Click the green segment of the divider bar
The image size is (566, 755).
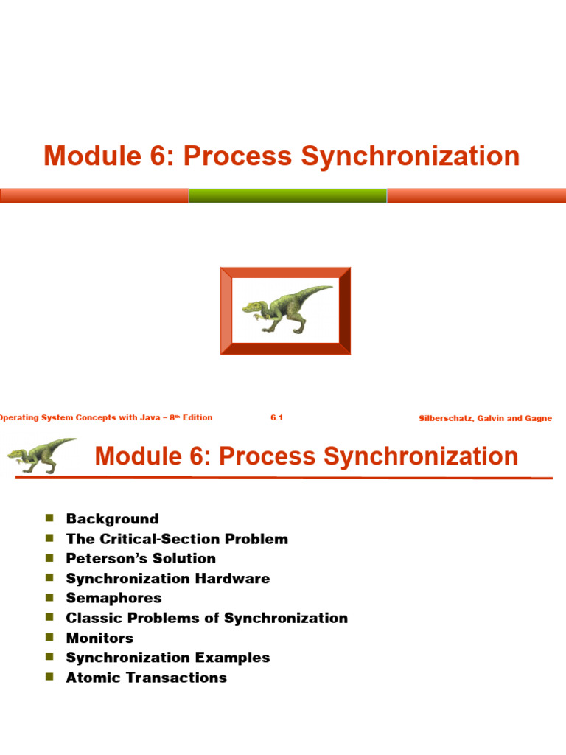coord(287,195)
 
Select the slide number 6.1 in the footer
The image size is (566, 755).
coord(277,417)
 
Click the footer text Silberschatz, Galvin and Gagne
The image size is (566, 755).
coord(485,418)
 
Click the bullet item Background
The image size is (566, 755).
coord(112,519)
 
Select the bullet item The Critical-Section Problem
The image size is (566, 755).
coord(177,539)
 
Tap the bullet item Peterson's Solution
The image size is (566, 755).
coord(141,559)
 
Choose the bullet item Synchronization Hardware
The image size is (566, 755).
coord(168,579)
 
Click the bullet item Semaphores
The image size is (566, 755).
coord(113,598)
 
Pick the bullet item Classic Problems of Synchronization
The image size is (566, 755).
coord(206,618)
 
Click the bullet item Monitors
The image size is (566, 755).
coord(99,638)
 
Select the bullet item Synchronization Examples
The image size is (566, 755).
coord(168,658)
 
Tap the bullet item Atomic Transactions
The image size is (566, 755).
coord(146,678)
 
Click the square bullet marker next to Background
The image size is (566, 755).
coord(50,518)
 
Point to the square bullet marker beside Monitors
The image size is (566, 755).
coord(50,637)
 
